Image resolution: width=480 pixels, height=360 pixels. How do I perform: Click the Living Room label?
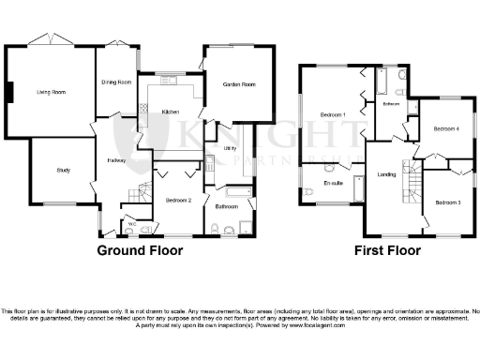51,92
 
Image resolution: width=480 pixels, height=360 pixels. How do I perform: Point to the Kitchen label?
171,112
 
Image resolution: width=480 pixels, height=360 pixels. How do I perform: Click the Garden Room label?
238,84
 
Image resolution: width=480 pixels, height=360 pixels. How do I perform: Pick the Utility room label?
230,148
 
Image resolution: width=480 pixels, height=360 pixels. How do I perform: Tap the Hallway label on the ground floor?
116,160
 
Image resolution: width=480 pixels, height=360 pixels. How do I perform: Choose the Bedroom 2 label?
179,200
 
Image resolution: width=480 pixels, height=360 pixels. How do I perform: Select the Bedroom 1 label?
333,114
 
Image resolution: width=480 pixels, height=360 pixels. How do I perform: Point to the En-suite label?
331,183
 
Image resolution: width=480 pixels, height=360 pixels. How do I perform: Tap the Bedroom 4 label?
445,128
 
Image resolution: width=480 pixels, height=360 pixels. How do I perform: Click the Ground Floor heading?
140,250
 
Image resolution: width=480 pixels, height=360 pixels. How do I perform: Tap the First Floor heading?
386,250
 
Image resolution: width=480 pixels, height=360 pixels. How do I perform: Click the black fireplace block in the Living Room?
10,92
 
